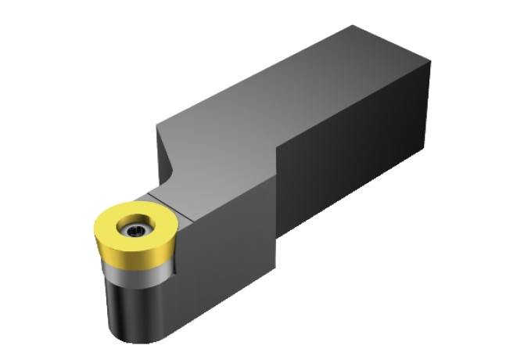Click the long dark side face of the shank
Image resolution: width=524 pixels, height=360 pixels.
point(352,157)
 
